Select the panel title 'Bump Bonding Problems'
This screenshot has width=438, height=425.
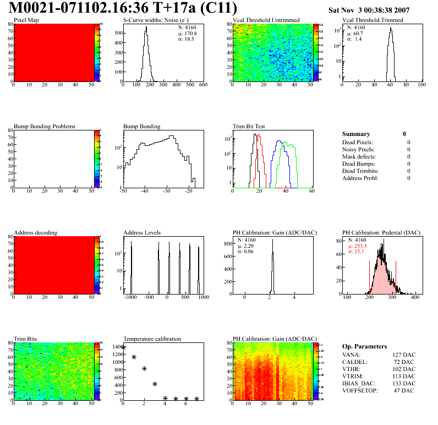pyautogui.click(x=45, y=126)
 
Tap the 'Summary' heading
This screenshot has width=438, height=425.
pyautogui.click(x=356, y=134)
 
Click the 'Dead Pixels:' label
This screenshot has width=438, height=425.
pyautogui.click(x=358, y=142)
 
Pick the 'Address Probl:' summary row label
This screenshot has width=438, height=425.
pyautogui.click(x=360, y=178)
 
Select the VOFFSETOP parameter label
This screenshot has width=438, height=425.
pyautogui.click(x=361, y=391)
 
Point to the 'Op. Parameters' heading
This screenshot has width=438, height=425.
pyautogui.click(x=364, y=346)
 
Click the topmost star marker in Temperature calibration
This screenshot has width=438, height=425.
pyautogui.click(x=123, y=347)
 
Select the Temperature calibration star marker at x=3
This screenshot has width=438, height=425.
pyautogui.click(x=155, y=384)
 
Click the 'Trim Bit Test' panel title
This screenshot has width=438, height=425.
pyautogui.click(x=249, y=126)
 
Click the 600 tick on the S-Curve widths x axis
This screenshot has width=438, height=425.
pyautogui.click(x=202, y=85)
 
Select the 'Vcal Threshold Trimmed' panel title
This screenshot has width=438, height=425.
pyautogui.click(x=373, y=20)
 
